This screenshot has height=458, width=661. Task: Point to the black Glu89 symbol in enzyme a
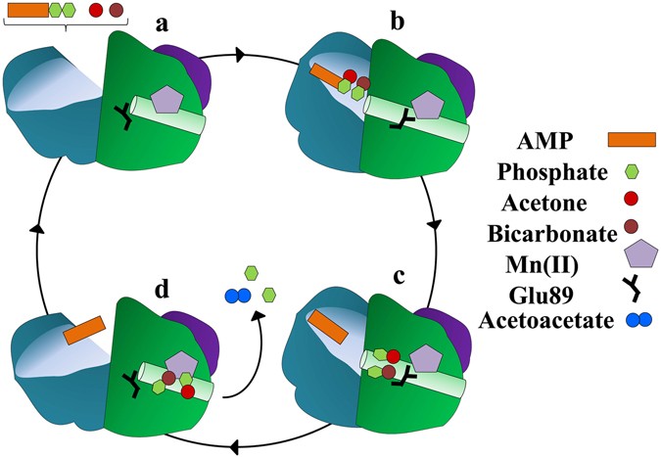click(124, 117)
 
